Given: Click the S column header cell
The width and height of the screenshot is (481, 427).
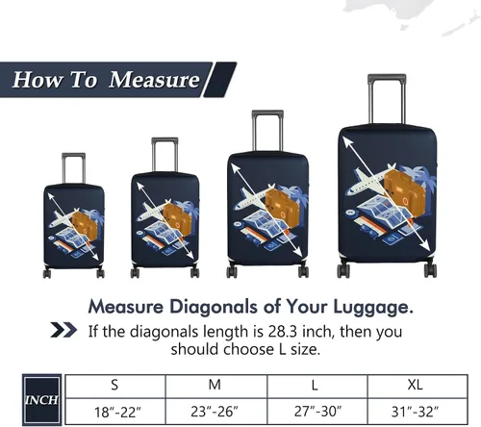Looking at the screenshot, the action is pyautogui.click(x=114, y=387).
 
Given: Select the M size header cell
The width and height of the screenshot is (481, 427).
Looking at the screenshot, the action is pyautogui.click(x=216, y=387).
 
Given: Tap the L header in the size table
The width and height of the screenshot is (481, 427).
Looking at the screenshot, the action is pyautogui.click(x=316, y=387).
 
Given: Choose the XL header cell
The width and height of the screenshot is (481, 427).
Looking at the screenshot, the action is pyautogui.click(x=418, y=387).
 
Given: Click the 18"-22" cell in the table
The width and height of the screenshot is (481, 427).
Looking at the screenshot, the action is pyautogui.click(x=114, y=412).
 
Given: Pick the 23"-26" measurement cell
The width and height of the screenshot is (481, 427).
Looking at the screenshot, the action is pyautogui.click(x=216, y=412).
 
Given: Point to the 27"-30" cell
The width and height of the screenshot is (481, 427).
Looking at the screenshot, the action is pyautogui.click(x=316, y=412).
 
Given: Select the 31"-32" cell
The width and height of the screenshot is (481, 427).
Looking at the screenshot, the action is pyautogui.click(x=418, y=412).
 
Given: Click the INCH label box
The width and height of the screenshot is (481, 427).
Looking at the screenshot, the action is pyautogui.click(x=42, y=400).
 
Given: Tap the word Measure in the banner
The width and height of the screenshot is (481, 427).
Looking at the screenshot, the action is pyautogui.click(x=154, y=80).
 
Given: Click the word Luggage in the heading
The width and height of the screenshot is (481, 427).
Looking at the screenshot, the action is pyautogui.click(x=373, y=307).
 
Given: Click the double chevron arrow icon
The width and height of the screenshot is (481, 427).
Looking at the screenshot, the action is pyautogui.click(x=63, y=330).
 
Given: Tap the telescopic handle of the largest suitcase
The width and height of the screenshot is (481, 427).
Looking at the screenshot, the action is pyautogui.click(x=387, y=99).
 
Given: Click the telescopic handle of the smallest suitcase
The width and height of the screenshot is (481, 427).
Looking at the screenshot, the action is pyautogui.click(x=73, y=168).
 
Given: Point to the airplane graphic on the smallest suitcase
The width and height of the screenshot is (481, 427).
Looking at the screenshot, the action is pyautogui.click(x=64, y=218).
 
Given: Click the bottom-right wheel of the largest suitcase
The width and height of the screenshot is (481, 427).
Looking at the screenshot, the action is pyautogui.click(x=430, y=270).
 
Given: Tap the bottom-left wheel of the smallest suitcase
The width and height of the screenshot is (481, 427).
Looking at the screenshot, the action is pyautogui.click(x=47, y=273).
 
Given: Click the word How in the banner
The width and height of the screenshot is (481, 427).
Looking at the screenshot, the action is pyautogui.click(x=37, y=80).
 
